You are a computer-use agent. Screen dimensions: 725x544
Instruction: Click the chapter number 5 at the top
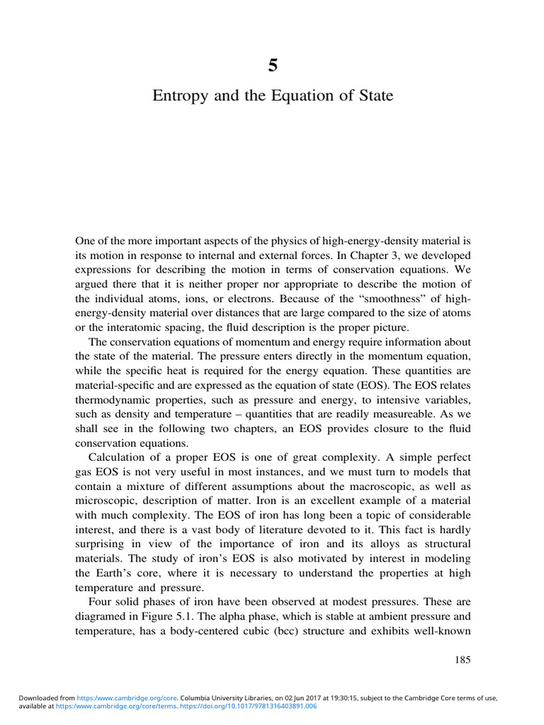273,66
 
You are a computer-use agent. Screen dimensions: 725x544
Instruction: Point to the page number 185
462,660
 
